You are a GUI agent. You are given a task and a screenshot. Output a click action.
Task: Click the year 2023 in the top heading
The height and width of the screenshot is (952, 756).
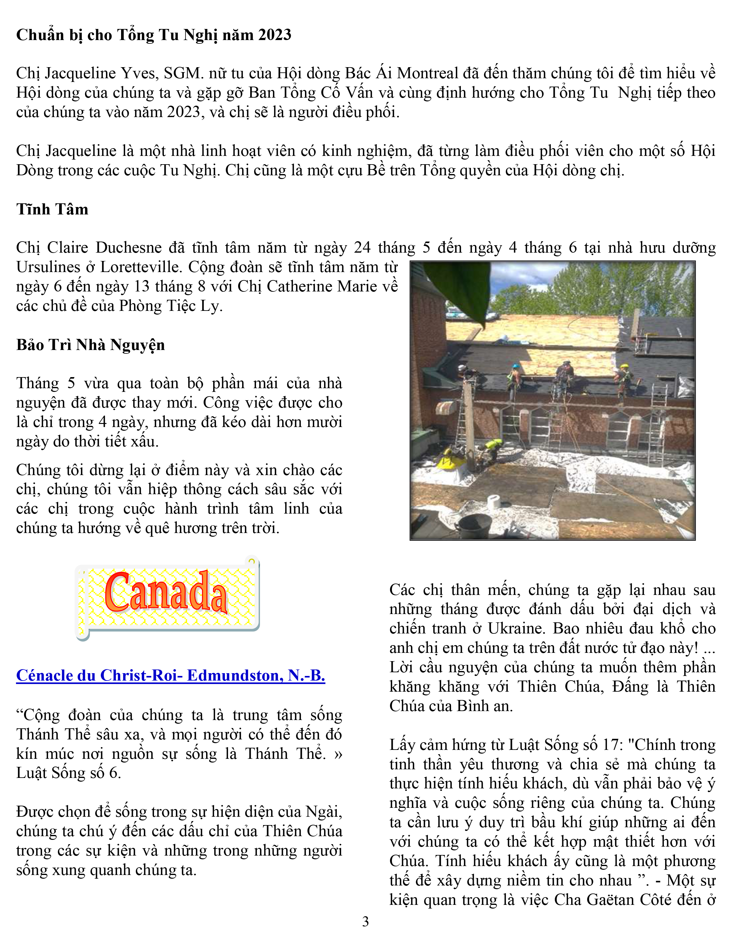[x=274, y=35]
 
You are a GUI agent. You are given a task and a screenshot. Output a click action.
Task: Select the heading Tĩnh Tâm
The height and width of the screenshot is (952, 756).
[x=52, y=209]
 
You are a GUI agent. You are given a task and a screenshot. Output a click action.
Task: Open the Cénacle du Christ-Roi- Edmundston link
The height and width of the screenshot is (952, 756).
[x=170, y=676]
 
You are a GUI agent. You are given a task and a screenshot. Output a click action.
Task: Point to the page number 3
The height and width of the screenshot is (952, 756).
[x=365, y=921]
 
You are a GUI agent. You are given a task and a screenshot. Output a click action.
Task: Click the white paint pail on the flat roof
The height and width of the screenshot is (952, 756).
[x=493, y=501]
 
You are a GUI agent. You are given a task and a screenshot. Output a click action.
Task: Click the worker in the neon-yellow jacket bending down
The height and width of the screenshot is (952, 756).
[x=493, y=446]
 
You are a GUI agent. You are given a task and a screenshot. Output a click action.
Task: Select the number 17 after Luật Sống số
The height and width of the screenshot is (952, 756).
[x=612, y=745]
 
